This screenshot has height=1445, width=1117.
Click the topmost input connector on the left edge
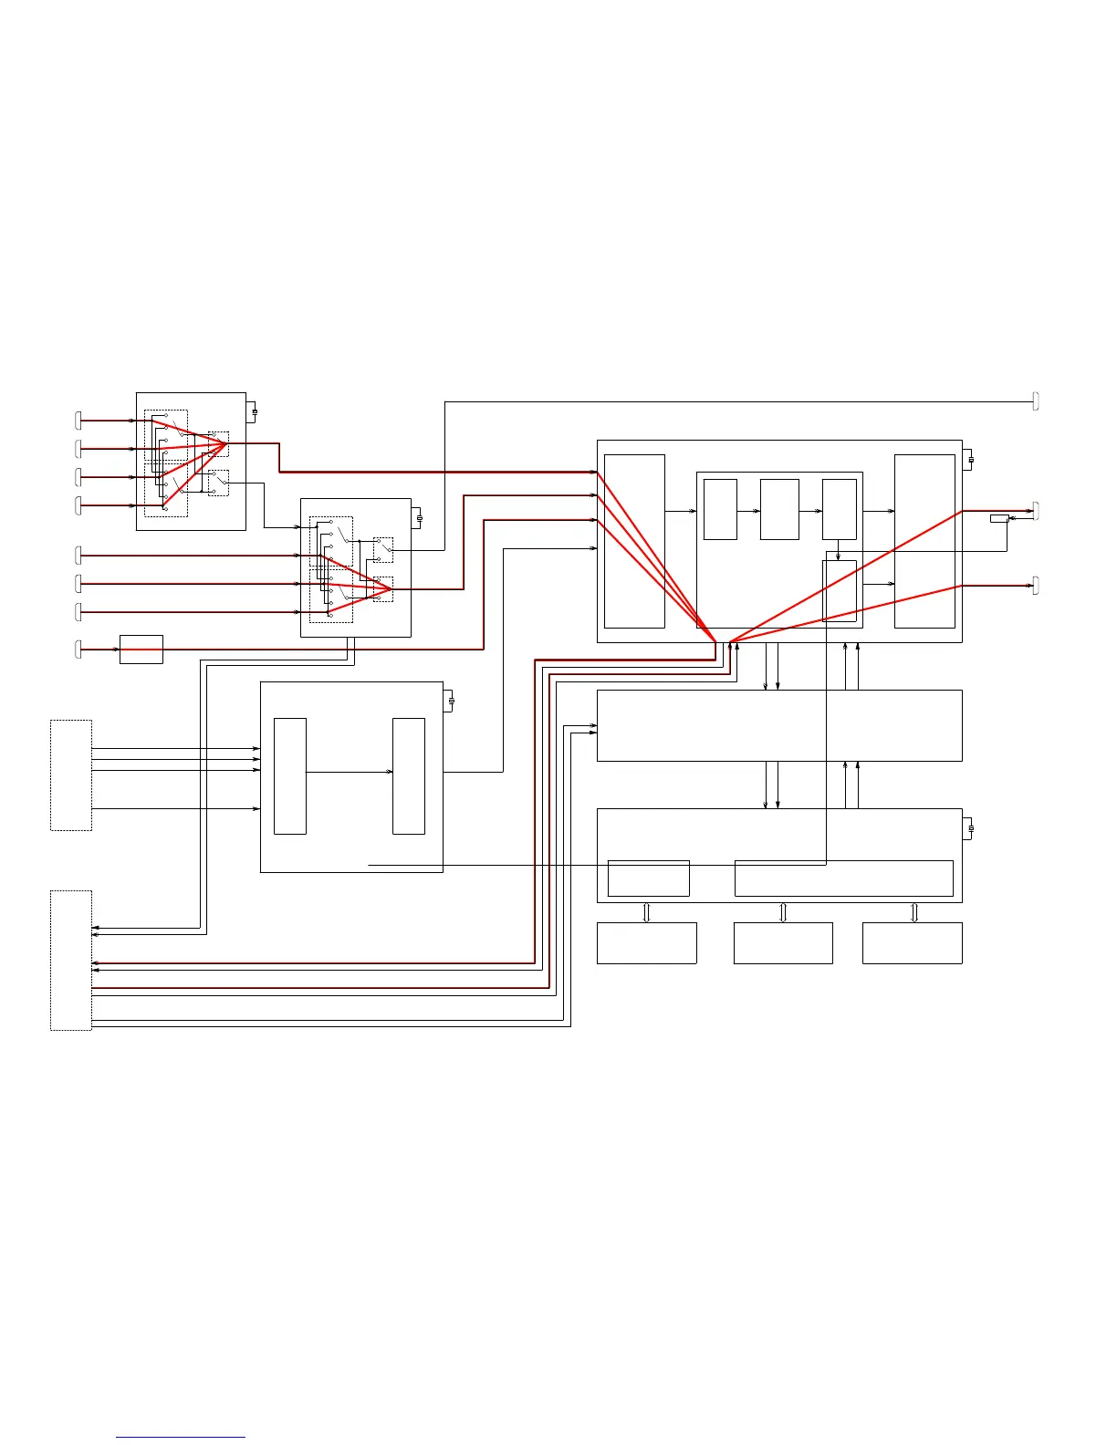tap(78, 420)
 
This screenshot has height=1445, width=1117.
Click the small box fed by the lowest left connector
tap(141, 649)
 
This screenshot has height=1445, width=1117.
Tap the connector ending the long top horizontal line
tap(1036, 400)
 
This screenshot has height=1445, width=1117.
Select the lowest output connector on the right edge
tap(1036, 585)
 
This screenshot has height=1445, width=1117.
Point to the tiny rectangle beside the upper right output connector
tap(999, 518)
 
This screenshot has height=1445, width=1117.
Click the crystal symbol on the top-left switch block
tap(254, 411)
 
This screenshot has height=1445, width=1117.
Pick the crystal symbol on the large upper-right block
tap(970, 460)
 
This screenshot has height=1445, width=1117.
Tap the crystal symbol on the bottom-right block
tap(970, 828)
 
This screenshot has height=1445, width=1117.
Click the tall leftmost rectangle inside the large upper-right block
tap(634, 541)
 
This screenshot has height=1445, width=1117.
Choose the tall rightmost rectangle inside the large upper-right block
tap(924, 541)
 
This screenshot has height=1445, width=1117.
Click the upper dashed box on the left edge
tap(71, 774)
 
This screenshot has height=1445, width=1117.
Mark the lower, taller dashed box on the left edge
tap(71, 960)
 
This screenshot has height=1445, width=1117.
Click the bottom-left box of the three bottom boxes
tap(646, 942)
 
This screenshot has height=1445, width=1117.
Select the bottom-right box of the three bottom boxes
tap(912, 942)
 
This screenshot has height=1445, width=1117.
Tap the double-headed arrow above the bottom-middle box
tap(783, 912)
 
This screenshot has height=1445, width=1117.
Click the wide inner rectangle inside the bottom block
tap(843, 878)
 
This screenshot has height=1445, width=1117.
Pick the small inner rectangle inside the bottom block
tap(648, 878)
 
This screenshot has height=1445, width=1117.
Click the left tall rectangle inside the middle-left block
tap(290, 775)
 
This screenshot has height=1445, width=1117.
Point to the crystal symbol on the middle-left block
tap(451, 701)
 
